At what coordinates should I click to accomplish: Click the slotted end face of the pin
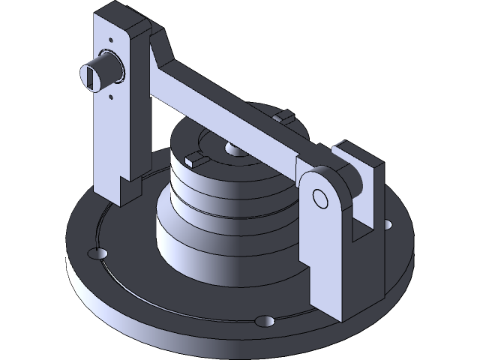click(x=89, y=76)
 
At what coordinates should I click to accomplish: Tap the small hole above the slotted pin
click(x=111, y=39)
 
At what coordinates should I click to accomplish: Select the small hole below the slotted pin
click(x=112, y=95)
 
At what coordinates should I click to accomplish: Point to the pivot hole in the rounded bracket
click(x=320, y=198)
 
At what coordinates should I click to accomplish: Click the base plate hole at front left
click(x=95, y=253)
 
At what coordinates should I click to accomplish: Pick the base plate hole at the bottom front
click(x=264, y=321)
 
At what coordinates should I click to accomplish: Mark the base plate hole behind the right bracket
click(x=385, y=223)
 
